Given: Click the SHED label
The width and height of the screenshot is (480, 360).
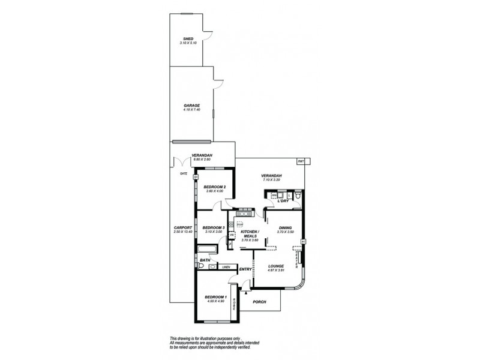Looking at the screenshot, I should (x=188, y=38).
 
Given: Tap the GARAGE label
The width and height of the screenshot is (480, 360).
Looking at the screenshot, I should (x=191, y=106).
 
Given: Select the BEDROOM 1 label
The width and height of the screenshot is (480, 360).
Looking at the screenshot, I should (x=215, y=297).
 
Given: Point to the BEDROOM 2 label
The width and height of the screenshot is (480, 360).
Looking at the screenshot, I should (x=215, y=187).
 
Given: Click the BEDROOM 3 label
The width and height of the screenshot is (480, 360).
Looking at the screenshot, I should (x=213, y=227).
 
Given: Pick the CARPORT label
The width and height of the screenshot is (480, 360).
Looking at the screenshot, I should (x=182, y=227).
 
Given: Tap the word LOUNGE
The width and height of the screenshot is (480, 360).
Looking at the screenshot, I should (x=276, y=266).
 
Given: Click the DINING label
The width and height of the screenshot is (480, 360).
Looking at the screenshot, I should (x=285, y=227).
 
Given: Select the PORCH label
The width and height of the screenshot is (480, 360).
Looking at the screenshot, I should (x=260, y=302).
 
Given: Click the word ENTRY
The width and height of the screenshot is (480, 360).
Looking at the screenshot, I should (x=245, y=269).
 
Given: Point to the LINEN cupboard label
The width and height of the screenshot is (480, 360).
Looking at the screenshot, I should (x=226, y=267).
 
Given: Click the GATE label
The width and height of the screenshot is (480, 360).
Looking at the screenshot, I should (x=184, y=173).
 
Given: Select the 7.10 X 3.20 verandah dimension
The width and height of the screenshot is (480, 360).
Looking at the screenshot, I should (x=271, y=180).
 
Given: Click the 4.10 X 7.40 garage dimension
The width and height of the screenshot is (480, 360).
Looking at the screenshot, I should (x=191, y=110).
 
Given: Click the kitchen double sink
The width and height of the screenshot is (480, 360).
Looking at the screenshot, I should (x=245, y=213).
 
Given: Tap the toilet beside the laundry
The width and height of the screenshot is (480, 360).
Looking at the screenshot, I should (x=299, y=195).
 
